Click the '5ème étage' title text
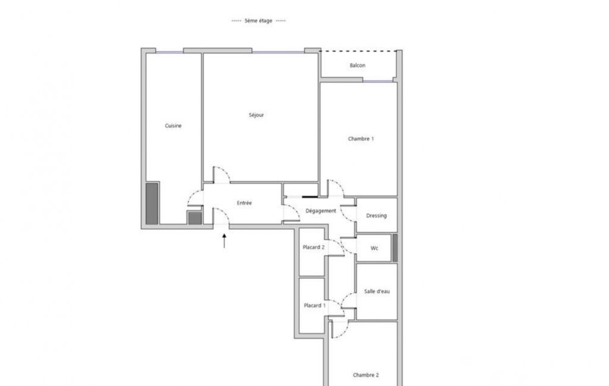258,21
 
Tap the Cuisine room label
173,126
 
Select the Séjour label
256,115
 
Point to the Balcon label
357,65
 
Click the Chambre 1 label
361,138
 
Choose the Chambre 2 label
366,375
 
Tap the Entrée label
244,203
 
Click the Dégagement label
321,211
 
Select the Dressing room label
376,216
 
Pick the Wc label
374,248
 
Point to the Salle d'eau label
377,291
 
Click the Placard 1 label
314,306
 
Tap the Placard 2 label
314,248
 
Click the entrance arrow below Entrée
224,241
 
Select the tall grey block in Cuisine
152,204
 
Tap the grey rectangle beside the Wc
395,248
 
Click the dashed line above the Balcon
358,51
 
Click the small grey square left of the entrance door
195,218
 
